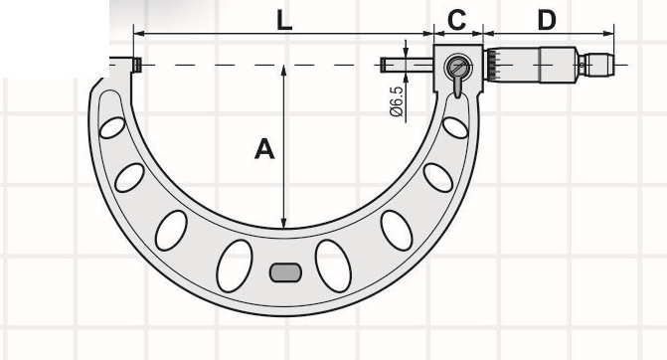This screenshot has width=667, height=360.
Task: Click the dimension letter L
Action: [284, 20]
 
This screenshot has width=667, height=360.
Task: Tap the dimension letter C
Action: [457, 20]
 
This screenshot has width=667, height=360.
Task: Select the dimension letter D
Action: [547, 20]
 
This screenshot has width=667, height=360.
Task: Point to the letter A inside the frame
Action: [264, 149]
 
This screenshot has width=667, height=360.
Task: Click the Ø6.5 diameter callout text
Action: [396, 101]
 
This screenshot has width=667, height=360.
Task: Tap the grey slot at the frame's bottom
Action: [286, 272]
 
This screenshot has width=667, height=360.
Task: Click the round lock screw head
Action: [458, 67]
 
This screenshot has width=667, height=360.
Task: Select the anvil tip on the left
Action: [136, 65]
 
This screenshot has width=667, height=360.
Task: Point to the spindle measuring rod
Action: [408, 65]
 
